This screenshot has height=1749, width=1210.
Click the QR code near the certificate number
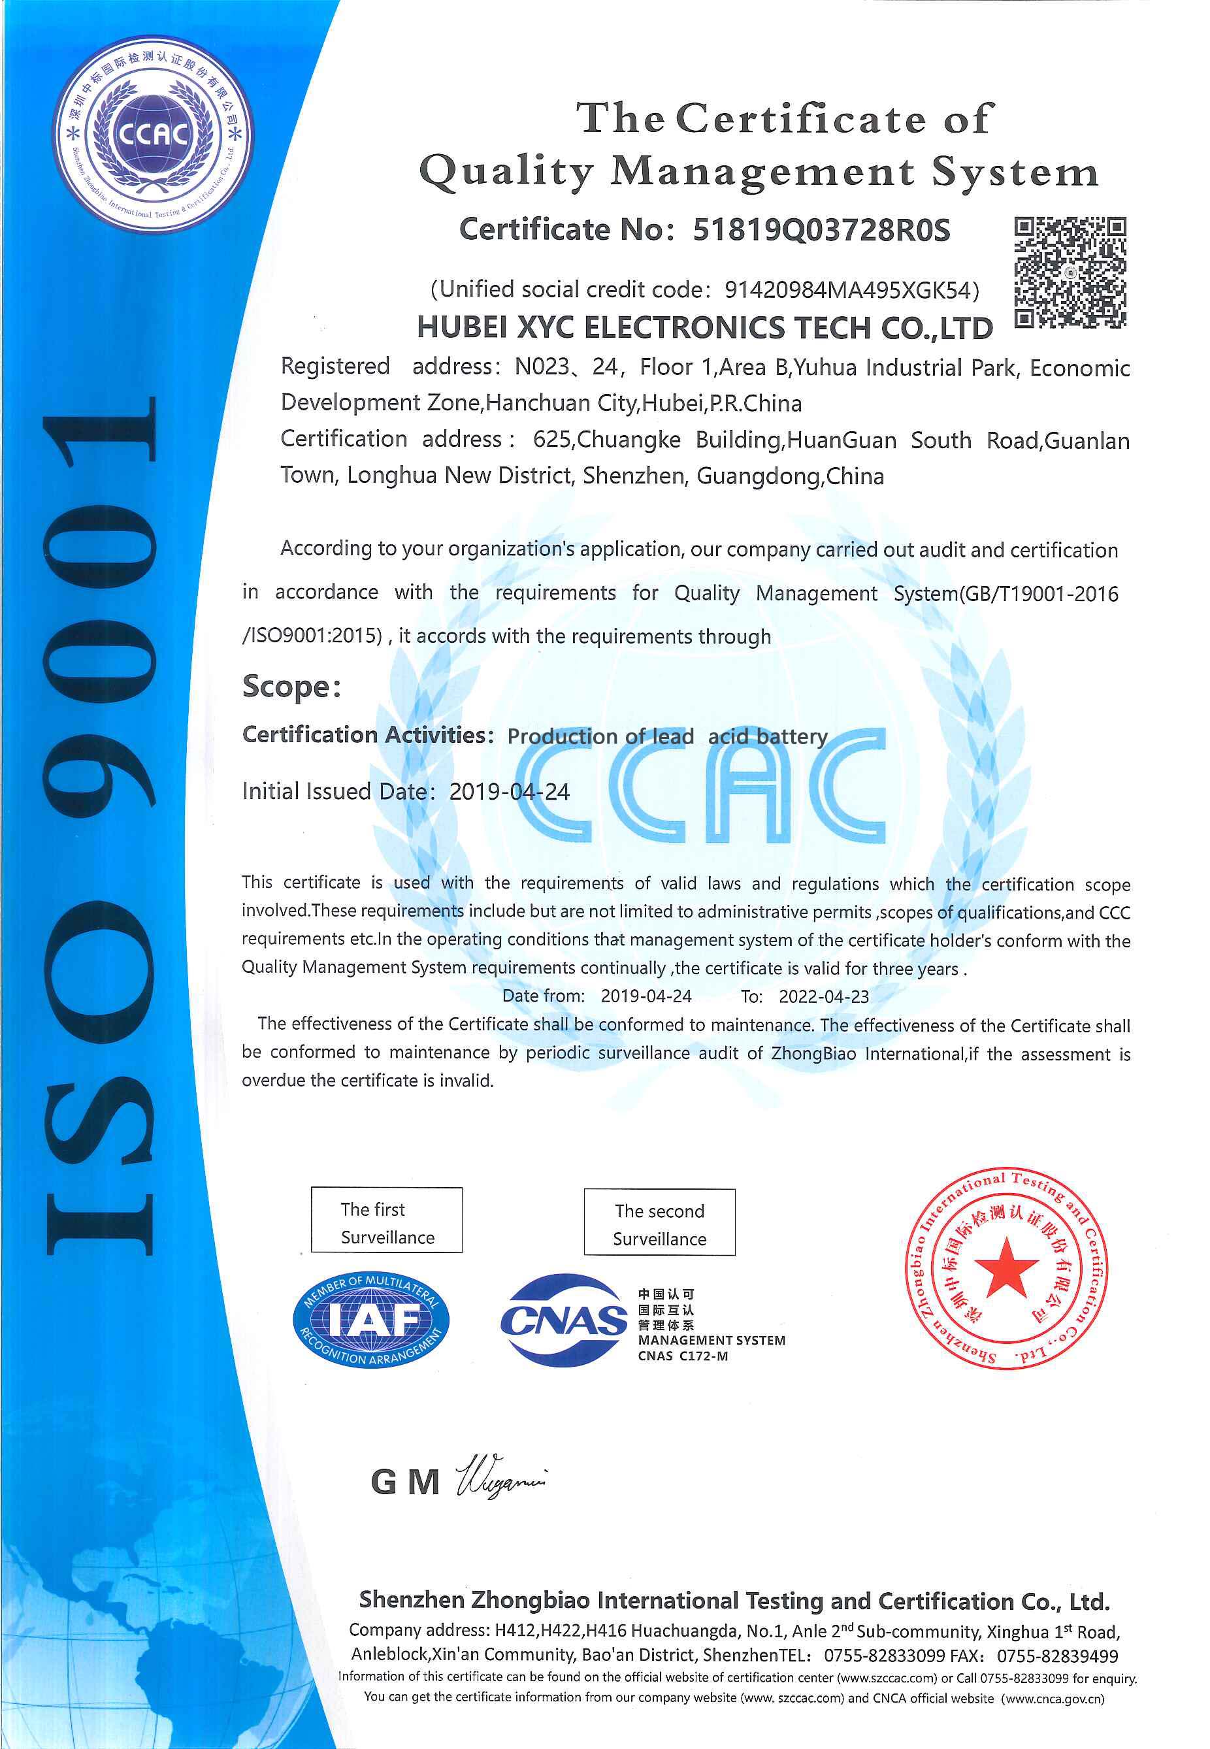pyautogui.click(x=1070, y=272)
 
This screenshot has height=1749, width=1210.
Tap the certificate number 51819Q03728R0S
pyautogui.click(x=821, y=231)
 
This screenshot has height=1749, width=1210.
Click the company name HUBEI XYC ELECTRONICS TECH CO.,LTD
pyautogui.click(x=704, y=328)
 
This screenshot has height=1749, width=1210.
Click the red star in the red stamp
pyautogui.click(x=1006, y=1266)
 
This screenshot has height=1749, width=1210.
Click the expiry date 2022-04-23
pyautogui.click(x=823, y=997)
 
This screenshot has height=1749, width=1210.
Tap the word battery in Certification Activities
pyautogui.click(x=791, y=737)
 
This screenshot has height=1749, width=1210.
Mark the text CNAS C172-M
pyautogui.click(x=682, y=1356)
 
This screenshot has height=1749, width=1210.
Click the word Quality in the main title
pyautogui.click(x=506, y=172)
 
